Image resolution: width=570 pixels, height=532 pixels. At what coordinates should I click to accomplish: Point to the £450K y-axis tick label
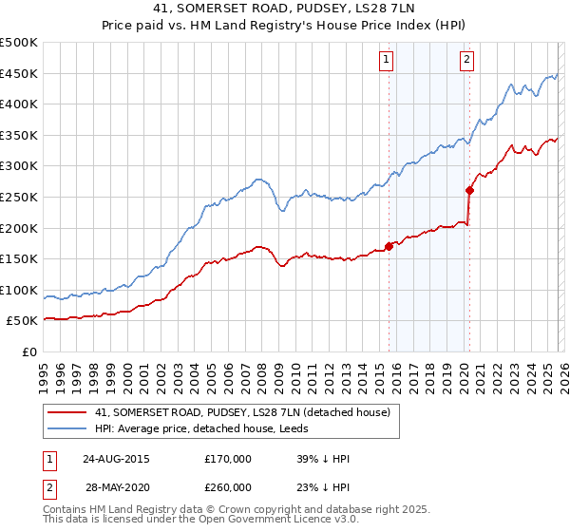coord(19,73)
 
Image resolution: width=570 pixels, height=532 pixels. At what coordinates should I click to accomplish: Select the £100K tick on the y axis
coord(19,290)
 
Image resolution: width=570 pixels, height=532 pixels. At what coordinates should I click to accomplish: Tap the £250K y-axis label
coord(19,197)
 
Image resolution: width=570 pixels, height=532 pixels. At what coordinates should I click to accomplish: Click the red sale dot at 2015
coord(389,246)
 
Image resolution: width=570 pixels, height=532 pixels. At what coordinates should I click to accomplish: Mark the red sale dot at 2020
coord(469,190)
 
